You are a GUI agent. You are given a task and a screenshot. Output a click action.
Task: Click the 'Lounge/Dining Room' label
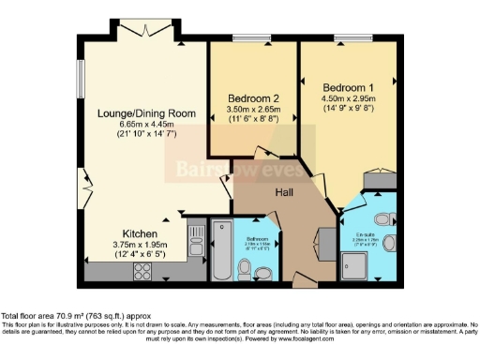(x=147, y=113)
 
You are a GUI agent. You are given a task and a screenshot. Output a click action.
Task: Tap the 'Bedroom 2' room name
(x=254, y=97)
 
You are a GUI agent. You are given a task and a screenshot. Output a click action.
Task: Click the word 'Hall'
(x=286, y=192)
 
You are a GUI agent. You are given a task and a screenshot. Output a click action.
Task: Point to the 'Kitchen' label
(x=139, y=233)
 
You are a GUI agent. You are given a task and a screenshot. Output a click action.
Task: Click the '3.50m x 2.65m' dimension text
(x=254, y=109)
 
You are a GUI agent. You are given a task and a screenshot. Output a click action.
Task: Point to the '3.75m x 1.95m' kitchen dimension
(x=139, y=246)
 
